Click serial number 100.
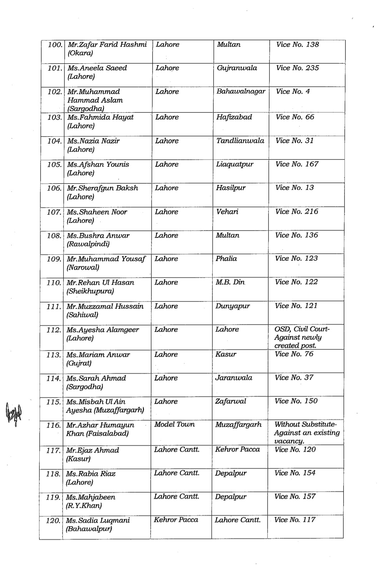pyautogui.click(x=55, y=45)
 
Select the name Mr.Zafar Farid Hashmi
pyautogui.click(x=107, y=45)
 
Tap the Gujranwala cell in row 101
pyautogui.click(x=237, y=68)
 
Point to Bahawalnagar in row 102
pyautogui.click(x=241, y=91)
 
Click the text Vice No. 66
pyautogui.click(x=295, y=117)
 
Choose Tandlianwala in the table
pyautogui.click(x=240, y=141)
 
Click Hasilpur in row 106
pyautogui.click(x=231, y=188)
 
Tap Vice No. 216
pyautogui.click(x=296, y=211)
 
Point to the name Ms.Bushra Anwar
pyautogui.click(x=98, y=236)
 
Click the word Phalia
pyautogui.click(x=226, y=259)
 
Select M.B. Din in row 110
pyautogui.click(x=230, y=282)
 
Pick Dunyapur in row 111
pyautogui.click(x=232, y=306)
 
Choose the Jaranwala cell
pyautogui.click(x=233, y=378)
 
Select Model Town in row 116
pyautogui.click(x=174, y=425)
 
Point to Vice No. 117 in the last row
pyautogui.click(x=295, y=520)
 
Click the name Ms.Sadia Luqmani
pyautogui.click(x=98, y=521)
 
